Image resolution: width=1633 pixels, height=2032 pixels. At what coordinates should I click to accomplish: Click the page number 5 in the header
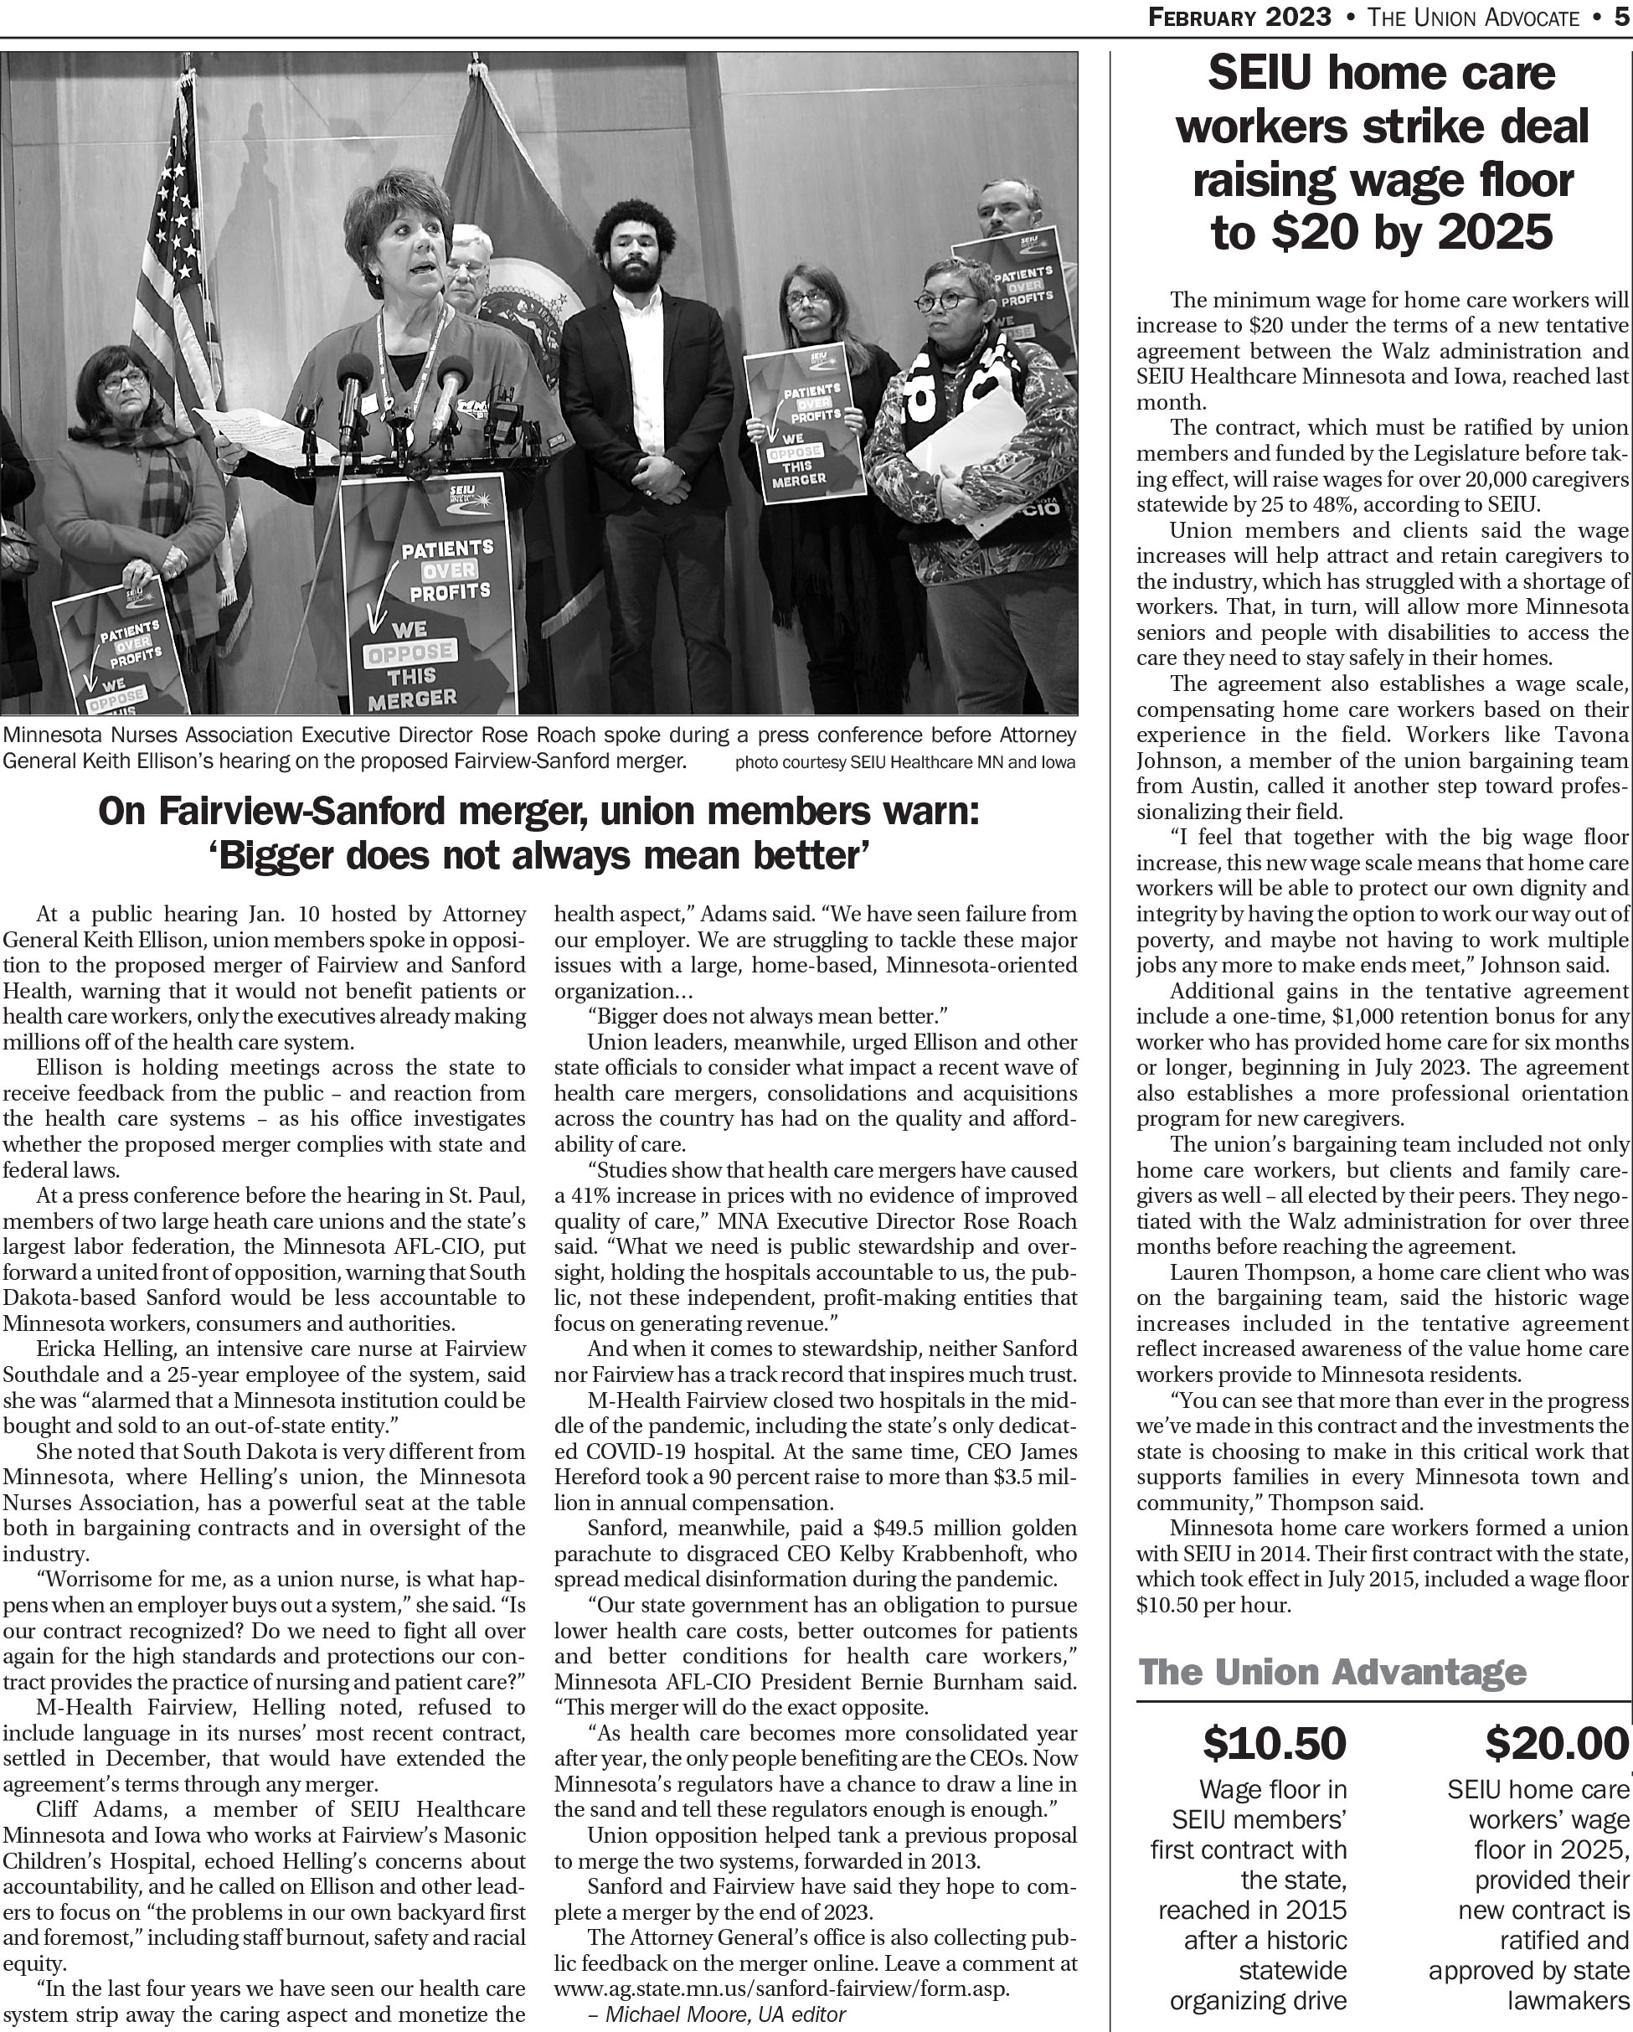coord(1620,17)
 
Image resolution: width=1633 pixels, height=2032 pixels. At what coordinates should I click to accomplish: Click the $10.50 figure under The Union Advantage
coord(1274,1744)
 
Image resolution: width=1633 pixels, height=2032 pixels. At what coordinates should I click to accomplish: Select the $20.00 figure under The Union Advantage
coord(1557,1744)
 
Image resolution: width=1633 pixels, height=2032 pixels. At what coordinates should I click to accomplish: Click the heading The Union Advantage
coord(1332,1672)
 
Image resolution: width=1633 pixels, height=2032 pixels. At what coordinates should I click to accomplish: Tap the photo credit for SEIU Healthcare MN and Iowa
coord(904,762)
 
